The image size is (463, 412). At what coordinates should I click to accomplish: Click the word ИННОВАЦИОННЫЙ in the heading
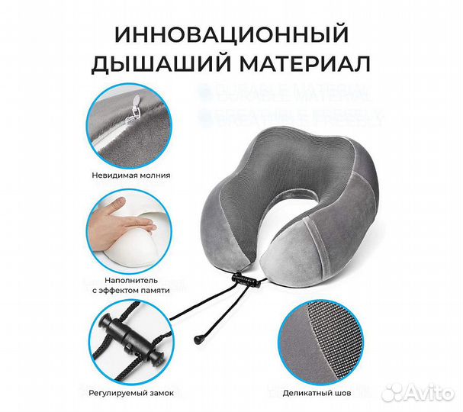point(230,34)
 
